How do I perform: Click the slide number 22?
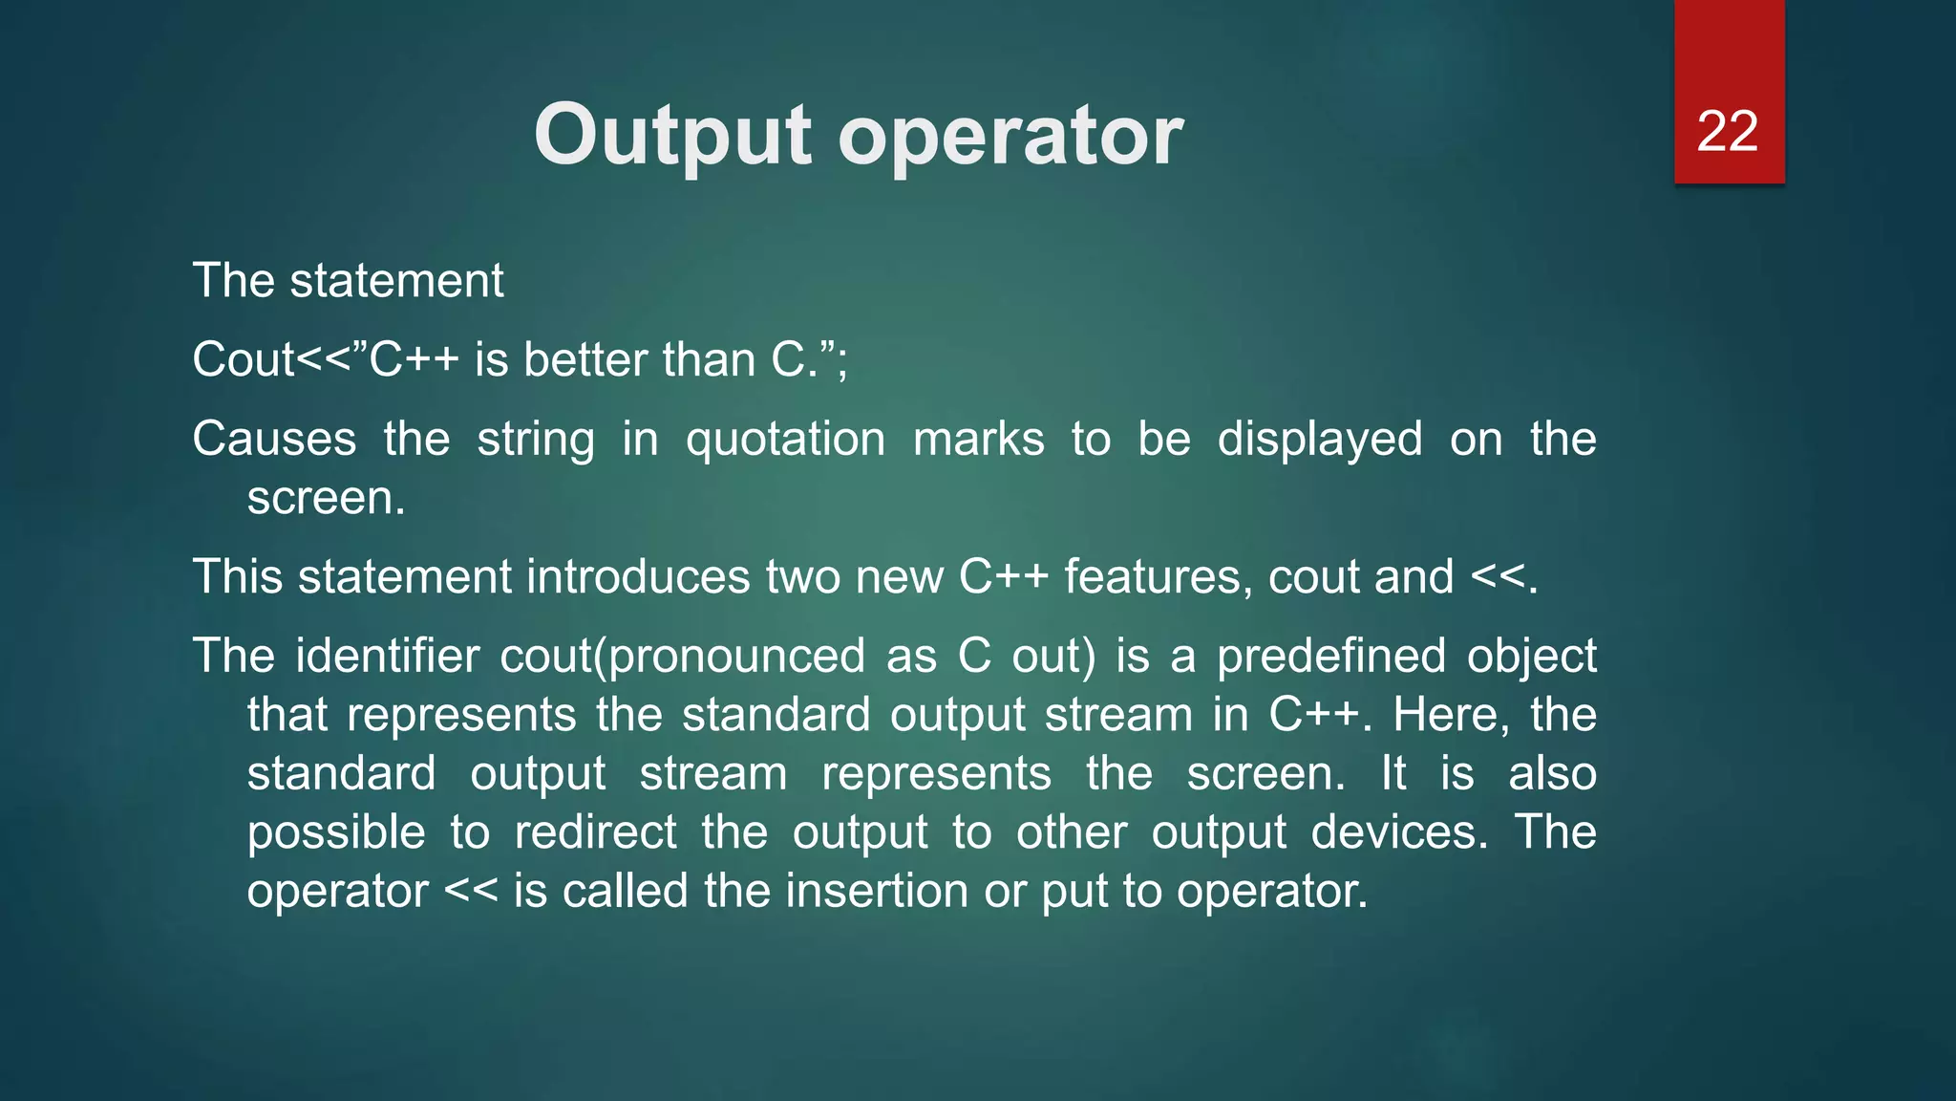(x=1727, y=131)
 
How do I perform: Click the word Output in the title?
(x=672, y=136)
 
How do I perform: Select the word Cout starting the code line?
(x=244, y=360)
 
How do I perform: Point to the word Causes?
(x=274, y=440)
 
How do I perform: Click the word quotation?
(x=785, y=440)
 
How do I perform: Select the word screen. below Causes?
(x=326, y=499)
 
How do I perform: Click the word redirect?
(x=595, y=832)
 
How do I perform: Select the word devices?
(x=1399, y=832)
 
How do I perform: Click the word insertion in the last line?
(x=877, y=891)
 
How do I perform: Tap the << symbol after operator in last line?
(x=471, y=891)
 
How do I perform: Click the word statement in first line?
(x=396, y=281)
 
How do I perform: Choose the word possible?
(x=335, y=832)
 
